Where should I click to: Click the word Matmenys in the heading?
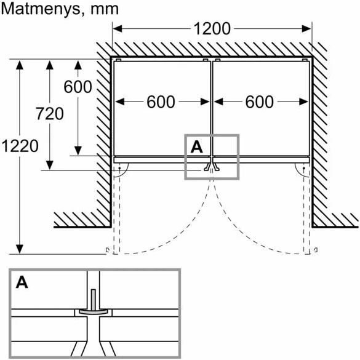[41, 10]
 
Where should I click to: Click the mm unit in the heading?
[105, 10]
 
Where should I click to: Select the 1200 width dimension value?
[212, 29]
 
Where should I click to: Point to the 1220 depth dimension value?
[20, 146]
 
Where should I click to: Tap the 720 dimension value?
[50, 114]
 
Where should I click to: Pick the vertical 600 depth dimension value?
[78, 87]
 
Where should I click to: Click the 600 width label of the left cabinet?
[161, 102]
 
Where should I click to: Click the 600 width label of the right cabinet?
[260, 102]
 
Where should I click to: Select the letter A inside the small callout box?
[196, 146]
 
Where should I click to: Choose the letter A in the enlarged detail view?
[22, 282]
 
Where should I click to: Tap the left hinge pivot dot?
[119, 168]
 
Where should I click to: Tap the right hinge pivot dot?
[304, 168]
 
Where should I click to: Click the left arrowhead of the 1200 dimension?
[117, 29]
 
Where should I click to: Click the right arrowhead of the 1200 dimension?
[306, 29]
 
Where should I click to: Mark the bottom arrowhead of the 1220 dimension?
[20, 249]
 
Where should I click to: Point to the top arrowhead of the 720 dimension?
[50, 65]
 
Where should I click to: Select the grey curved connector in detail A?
[93, 312]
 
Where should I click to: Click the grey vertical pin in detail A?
[93, 300]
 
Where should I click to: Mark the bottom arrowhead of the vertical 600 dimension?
[78, 151]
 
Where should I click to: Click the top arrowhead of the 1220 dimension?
[20, 65]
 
